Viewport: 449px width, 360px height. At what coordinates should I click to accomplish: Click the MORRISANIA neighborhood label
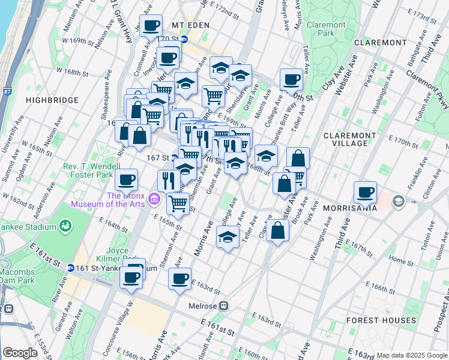point(349,208)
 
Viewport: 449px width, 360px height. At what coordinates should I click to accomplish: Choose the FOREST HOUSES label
point(381,320)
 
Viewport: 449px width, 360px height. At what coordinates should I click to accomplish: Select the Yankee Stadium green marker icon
point(65,226)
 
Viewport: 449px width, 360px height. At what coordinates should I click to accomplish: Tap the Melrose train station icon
point(223,305)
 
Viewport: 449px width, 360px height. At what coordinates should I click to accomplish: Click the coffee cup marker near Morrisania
point(365,193)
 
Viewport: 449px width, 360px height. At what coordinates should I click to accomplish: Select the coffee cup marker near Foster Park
point(126,179)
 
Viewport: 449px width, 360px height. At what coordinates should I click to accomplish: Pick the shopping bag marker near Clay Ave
point(277,231)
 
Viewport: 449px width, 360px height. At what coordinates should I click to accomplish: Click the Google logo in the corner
point(20,353)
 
